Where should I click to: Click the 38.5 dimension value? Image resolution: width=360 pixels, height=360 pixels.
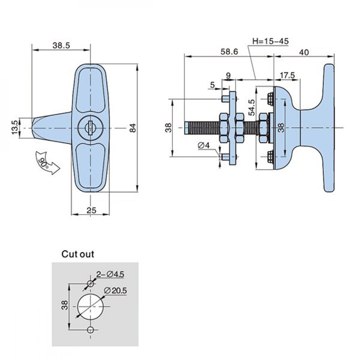click(x=61, y=45)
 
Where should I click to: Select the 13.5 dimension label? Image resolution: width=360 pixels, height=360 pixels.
click(x=15, y=128)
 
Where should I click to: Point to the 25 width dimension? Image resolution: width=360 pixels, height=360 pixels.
click(x=91, y=210)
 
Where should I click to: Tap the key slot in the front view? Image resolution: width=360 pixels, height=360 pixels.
click(x=90, y=127)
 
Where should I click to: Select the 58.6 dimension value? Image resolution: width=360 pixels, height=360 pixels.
click(x=229, y=51)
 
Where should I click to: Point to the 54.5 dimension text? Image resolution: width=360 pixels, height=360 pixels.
click(x=252, y=108)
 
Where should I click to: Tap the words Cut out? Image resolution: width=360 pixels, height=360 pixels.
click(x=77, y=254)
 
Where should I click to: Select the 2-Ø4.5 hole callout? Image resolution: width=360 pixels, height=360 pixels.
click(x=110, y=275)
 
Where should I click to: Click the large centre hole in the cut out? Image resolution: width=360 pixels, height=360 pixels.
click(x=90, y=306)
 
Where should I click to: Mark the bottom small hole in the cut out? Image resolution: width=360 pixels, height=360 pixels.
click(x=90, y=330)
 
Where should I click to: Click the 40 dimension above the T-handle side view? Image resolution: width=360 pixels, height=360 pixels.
click(x=304, y=52)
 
